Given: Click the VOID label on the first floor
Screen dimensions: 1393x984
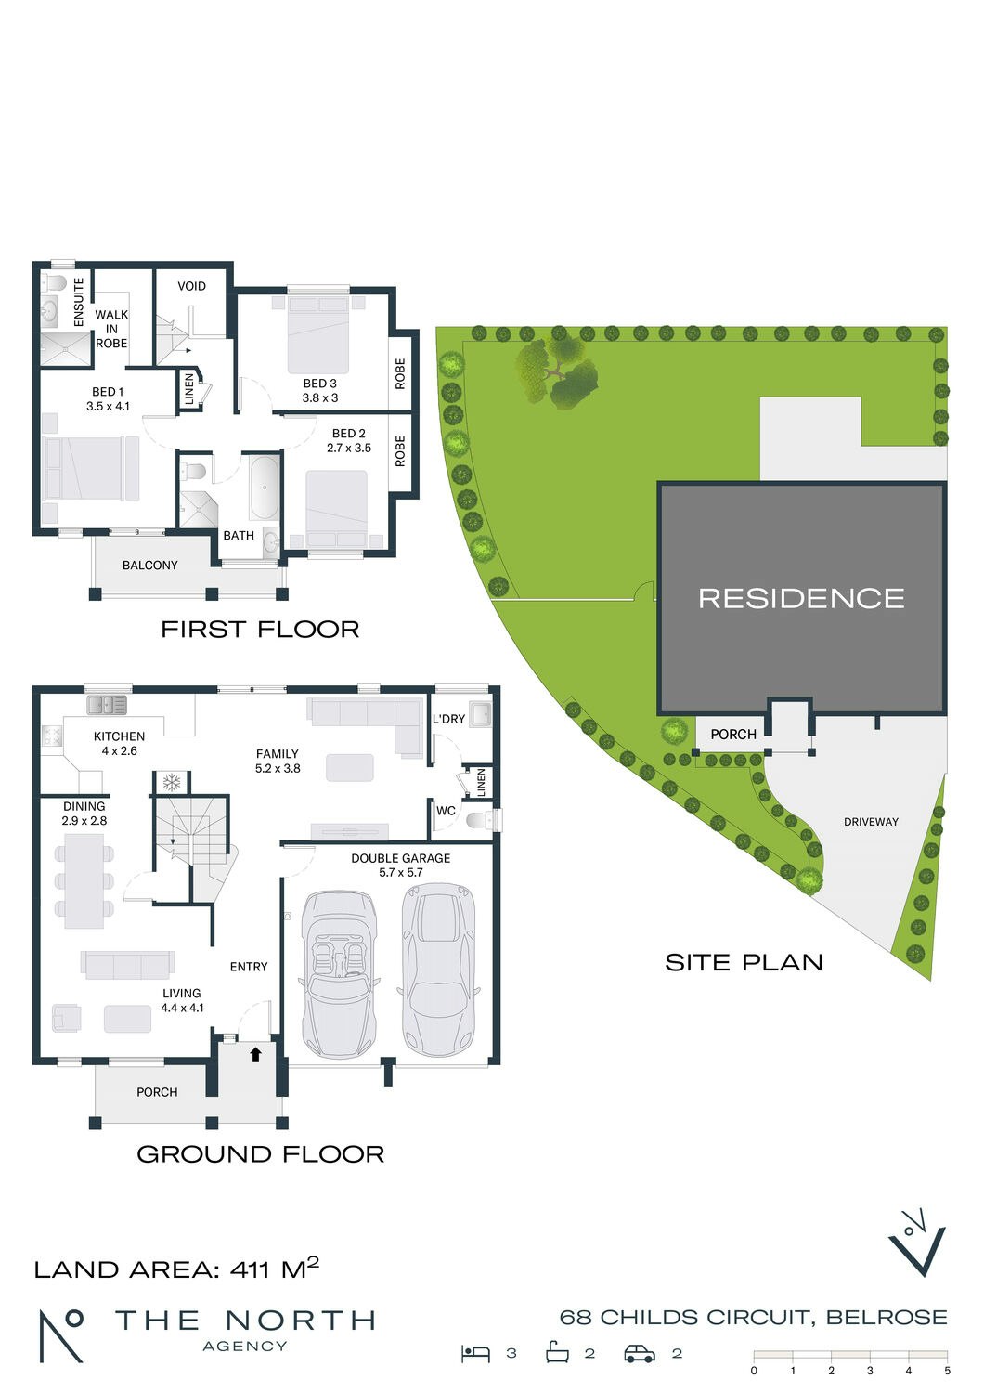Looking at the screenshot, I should tap(191, 286).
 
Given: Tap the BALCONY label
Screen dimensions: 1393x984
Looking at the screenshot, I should tap(149, 565).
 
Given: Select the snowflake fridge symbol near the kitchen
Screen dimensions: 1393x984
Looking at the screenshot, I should tap(171, 782).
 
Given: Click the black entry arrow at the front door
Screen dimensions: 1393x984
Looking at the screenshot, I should tap(256, 1054).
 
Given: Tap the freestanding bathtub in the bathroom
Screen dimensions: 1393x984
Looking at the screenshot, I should tap(264, 487).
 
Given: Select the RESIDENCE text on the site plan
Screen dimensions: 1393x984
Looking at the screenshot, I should tap(801, 598).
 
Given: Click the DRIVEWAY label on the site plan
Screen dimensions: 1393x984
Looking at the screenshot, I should tap(871, 822).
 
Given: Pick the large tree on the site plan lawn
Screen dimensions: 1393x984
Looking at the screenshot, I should tap(557, 371).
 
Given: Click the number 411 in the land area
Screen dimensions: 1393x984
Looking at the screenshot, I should tap(249, 1269).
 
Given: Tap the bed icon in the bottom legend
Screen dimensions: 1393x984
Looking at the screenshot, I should tap(475, 1353).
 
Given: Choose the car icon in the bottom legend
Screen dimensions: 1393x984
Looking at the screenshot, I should tap(640, 1353).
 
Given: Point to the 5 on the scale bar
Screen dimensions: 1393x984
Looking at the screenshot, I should tap(947, 1371).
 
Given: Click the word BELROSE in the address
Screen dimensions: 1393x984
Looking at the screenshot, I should tap(887, 1317).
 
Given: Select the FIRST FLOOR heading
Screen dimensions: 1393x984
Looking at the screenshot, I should tap(260, 629).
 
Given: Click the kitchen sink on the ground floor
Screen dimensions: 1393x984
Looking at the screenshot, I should tap(107, 705).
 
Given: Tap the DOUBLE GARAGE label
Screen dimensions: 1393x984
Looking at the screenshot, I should tap(400, 858).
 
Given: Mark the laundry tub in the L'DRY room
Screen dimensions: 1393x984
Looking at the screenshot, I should tap(480, 715).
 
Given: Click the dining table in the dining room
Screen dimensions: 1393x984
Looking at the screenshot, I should tap(84, 880).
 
